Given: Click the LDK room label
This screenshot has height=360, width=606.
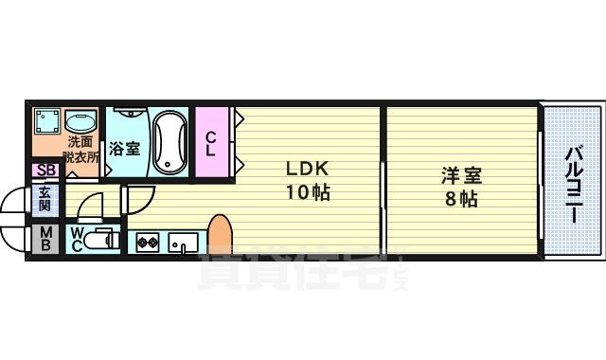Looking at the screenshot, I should point(308,170).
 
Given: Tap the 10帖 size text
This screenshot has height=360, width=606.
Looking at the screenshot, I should point(308,191).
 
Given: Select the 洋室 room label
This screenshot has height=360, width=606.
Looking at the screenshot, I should point(461,176).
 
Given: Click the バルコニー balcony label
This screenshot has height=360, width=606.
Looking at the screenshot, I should point(573,185).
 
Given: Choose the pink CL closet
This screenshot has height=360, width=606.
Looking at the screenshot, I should point(212,142).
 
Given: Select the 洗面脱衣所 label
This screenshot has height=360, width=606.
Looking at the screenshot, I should point(80,150).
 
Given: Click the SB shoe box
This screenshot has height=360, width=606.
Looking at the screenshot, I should point(44,171).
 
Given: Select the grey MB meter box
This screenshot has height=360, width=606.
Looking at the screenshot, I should point(45,239).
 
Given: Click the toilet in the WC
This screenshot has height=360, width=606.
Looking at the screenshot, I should point(98,242).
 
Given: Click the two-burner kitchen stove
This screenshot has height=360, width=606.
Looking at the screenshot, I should point(148,243).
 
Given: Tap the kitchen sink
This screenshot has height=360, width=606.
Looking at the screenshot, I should point(182,243).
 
